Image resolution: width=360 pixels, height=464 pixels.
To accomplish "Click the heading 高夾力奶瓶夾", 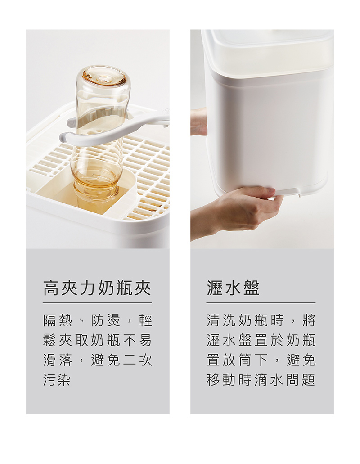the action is click(97, 288).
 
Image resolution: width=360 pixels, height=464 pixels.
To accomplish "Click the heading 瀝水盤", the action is click(233, 288).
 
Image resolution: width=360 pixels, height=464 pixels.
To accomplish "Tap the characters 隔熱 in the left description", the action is click(58, 320).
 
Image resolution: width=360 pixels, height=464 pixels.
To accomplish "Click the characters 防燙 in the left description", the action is click(106, 320).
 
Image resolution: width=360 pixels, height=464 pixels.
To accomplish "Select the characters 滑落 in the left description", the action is click(58, 360).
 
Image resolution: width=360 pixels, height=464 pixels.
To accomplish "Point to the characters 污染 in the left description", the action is click(57, 380).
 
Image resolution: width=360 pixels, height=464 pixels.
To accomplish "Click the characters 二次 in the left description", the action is click(138, 360).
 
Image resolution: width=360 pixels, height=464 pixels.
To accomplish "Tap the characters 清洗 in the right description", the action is click(221, 320).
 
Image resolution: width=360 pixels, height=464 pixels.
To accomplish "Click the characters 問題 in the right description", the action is click(301, 380).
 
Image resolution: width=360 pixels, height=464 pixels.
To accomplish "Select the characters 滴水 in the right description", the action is click(269, 380).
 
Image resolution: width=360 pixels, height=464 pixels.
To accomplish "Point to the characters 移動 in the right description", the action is click(221, 380).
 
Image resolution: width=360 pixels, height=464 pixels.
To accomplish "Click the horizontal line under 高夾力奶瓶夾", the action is click(97, 303).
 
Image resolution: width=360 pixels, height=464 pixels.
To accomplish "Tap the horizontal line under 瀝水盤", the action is click(261, 303).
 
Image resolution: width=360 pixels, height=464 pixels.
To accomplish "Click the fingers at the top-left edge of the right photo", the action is click(198, 122).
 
